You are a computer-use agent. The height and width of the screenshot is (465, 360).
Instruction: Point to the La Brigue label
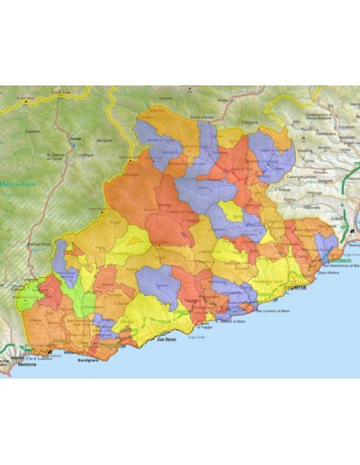(85, 154)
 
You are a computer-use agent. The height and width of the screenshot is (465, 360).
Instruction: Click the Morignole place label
(106, 141)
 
